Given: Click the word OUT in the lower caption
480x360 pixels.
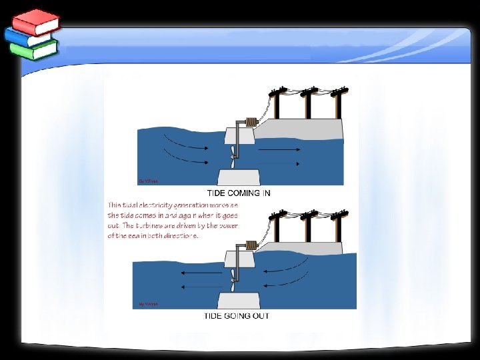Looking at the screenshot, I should point(261,315).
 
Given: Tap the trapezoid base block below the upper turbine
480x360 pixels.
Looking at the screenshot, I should point(239,177).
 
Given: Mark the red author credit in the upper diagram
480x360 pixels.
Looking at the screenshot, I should point(149,181).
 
